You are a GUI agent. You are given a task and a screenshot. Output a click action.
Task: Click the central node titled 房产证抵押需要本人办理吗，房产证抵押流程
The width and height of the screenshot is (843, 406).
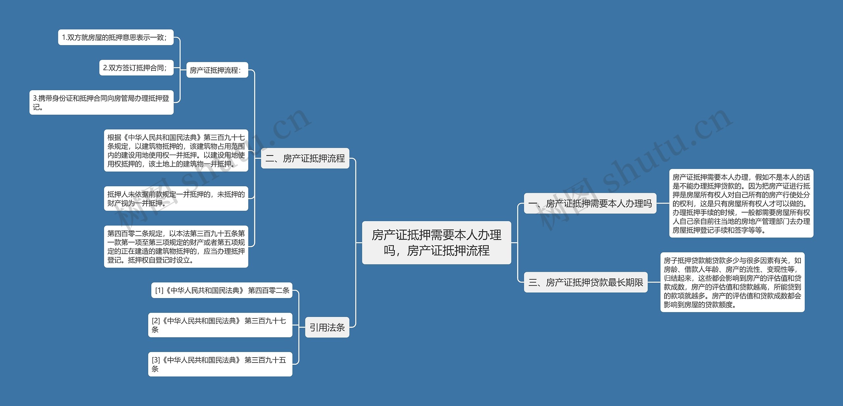pos(436,242)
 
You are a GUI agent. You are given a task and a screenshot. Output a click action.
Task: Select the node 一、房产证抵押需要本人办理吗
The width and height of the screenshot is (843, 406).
pos(590,204)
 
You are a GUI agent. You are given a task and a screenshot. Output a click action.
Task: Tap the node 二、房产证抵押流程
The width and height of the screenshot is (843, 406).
pos(305,158)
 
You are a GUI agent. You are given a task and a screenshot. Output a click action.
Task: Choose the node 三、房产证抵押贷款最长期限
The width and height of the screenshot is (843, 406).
pos(585,282)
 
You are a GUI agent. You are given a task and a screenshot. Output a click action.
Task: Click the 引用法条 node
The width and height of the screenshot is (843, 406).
pos(327,327)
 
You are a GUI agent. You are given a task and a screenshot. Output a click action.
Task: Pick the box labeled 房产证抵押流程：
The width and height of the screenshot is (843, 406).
pos(217,70)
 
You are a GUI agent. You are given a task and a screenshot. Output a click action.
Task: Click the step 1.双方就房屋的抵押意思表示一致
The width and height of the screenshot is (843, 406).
pos(116,38)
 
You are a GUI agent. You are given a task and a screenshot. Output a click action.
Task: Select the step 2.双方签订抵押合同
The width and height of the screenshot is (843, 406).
pos(136,68)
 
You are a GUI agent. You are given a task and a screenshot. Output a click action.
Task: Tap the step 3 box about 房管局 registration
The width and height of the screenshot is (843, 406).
pos(101,102)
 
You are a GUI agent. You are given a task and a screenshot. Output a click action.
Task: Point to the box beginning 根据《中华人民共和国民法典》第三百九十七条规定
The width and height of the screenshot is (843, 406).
pos(176,150)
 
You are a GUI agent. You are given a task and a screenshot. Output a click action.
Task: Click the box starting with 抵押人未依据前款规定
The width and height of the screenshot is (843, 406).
pos(176,198)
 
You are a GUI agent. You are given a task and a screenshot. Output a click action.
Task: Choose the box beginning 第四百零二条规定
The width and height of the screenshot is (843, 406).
pos(176,246)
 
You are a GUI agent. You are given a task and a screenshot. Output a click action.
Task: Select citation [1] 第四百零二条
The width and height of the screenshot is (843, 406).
pos(222,290)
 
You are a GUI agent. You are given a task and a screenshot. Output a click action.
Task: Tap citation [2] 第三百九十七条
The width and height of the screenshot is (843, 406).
pos(220,325)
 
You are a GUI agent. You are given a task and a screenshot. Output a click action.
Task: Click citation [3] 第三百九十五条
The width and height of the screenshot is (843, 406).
pos(220,364)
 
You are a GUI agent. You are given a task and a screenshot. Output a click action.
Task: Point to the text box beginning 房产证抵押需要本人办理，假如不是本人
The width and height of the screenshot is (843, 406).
pos(741,203)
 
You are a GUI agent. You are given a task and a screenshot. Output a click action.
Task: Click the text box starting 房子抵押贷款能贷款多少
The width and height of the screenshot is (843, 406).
pos(732,282)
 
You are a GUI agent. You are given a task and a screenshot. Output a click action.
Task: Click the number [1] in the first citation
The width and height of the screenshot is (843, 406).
pos(159,291)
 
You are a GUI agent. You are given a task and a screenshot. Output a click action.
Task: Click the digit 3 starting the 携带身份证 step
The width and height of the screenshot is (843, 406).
pos(35,98)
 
